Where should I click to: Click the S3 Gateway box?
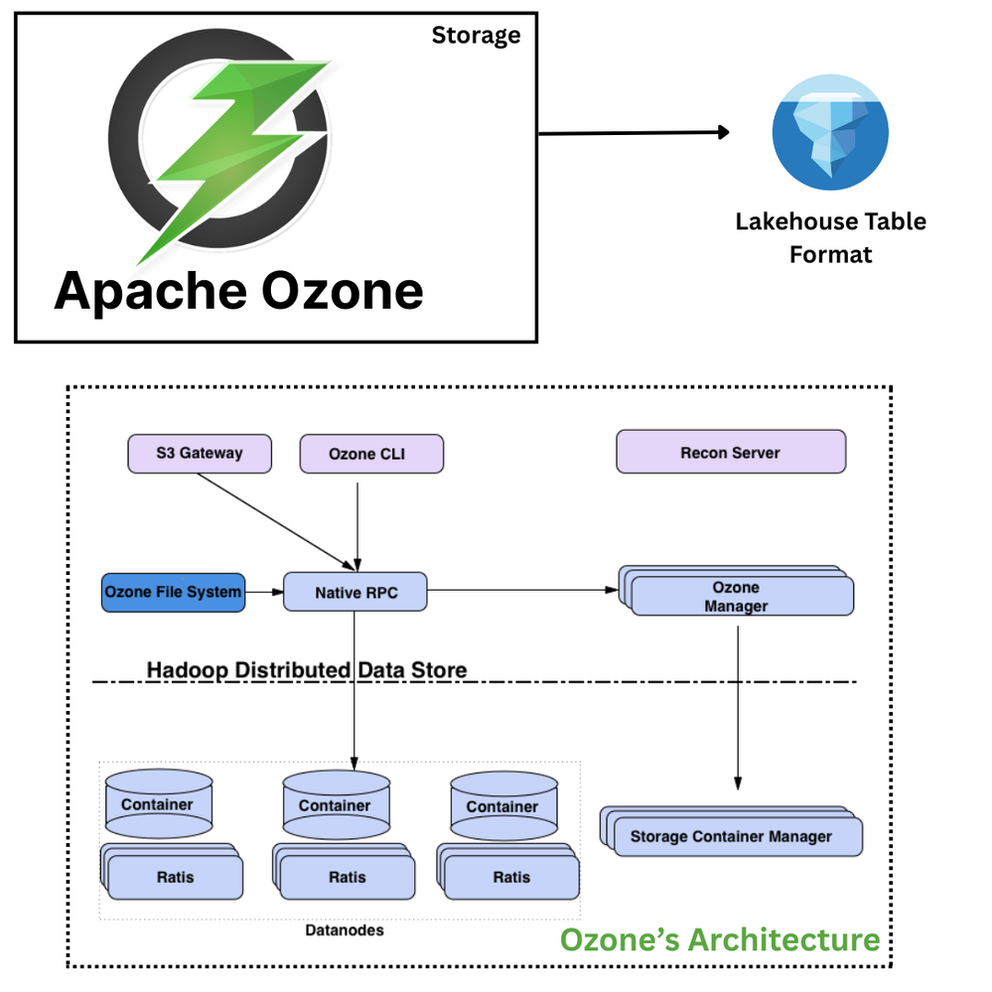[x=199, y=453]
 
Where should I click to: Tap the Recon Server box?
[x=731, y=452]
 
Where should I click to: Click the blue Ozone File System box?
[x=173, y=592]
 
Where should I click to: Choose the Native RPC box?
[x=355, y=592]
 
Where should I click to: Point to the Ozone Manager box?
[x=740, y=596]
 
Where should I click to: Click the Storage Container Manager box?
[x=733, y=836]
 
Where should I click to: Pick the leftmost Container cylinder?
[x=157, y=805]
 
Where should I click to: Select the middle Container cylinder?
[x=335, y=806]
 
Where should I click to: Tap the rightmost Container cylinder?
[x=502, y=807]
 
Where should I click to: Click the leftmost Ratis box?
[x=175, y=877]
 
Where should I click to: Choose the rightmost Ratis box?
[x=511, y=877]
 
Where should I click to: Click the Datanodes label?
[x=344, y=930]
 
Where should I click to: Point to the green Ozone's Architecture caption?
[x=720, y=939]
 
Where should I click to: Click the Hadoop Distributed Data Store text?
[x=307, y=670]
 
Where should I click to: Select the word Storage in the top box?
[x=476, y=36]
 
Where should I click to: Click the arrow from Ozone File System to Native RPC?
[x=263, y=592]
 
